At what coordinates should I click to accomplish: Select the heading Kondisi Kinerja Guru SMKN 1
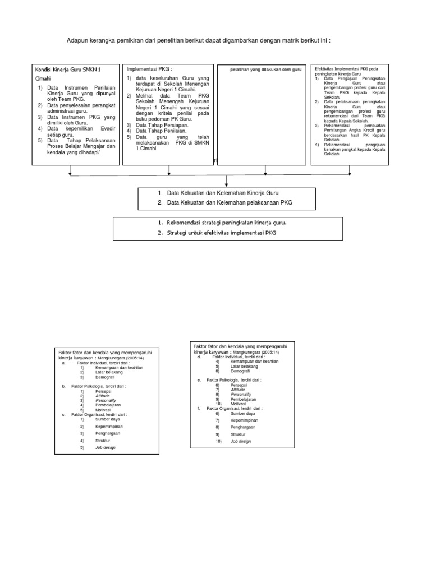76,70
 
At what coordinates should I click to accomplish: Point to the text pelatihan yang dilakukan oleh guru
267,69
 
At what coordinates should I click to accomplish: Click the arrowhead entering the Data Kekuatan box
227,185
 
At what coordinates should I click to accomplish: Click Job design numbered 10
241,442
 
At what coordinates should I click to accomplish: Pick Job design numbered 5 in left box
106,448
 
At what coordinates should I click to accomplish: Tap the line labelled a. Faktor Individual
103,363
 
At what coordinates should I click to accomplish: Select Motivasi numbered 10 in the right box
239,404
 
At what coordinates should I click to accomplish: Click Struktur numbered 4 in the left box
103,441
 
